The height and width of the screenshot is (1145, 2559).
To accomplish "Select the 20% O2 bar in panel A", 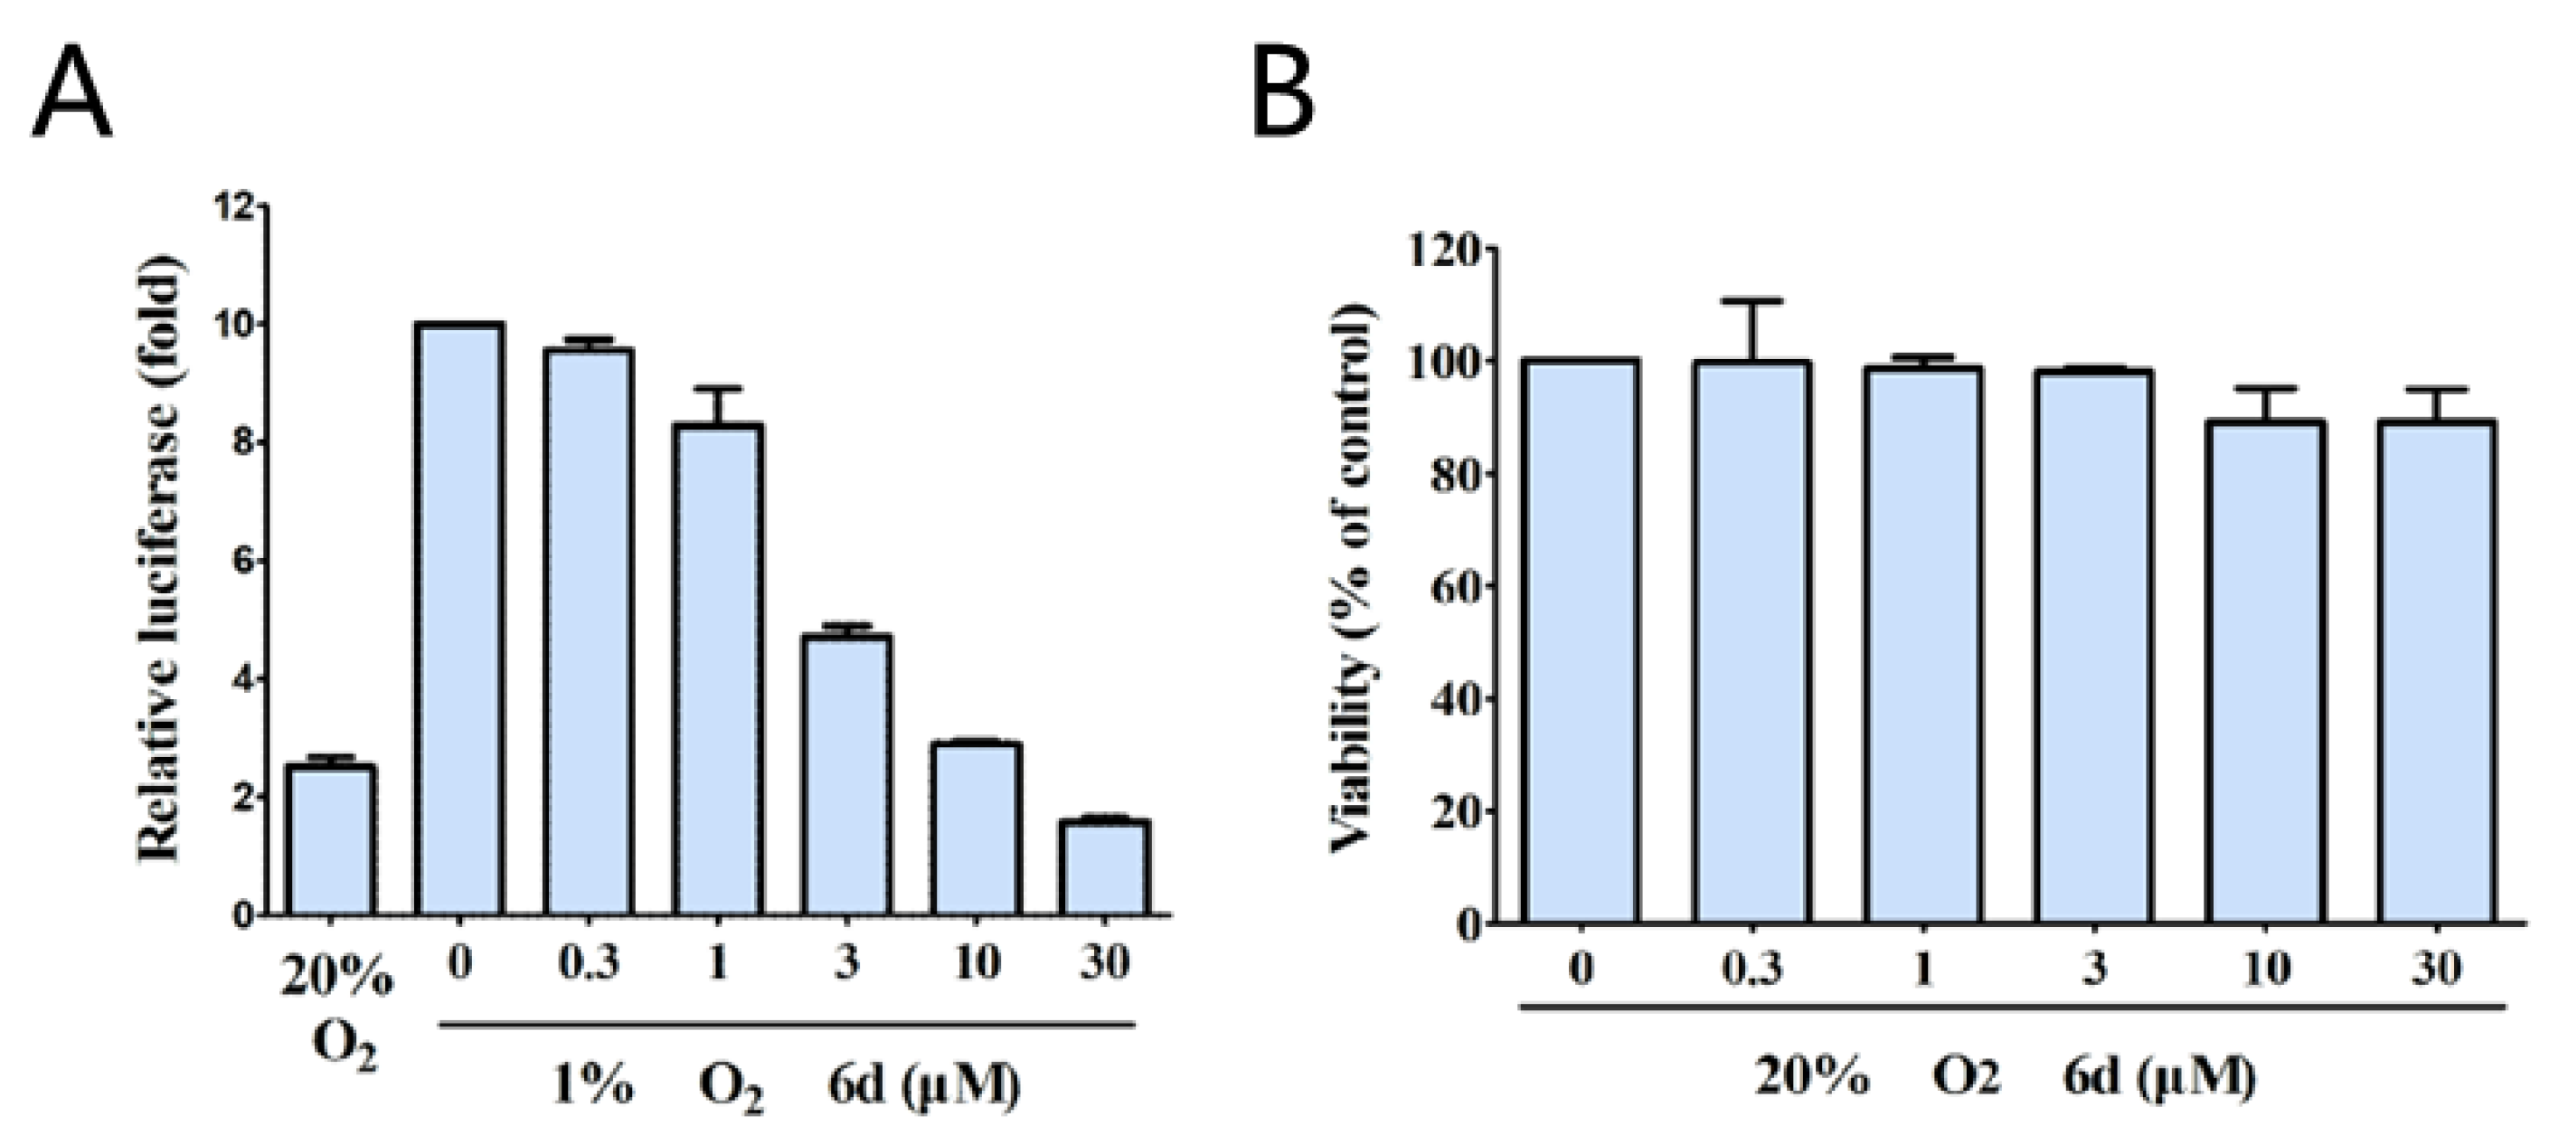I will click(330, 839).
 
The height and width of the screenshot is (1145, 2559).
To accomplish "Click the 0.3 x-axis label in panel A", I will click(587, 963).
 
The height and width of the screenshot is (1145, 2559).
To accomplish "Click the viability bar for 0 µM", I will click(1582, 641).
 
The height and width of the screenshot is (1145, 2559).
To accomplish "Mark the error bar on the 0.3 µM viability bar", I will click(1752, 328).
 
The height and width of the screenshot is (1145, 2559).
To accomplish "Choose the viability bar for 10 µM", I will click(2266, 671).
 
